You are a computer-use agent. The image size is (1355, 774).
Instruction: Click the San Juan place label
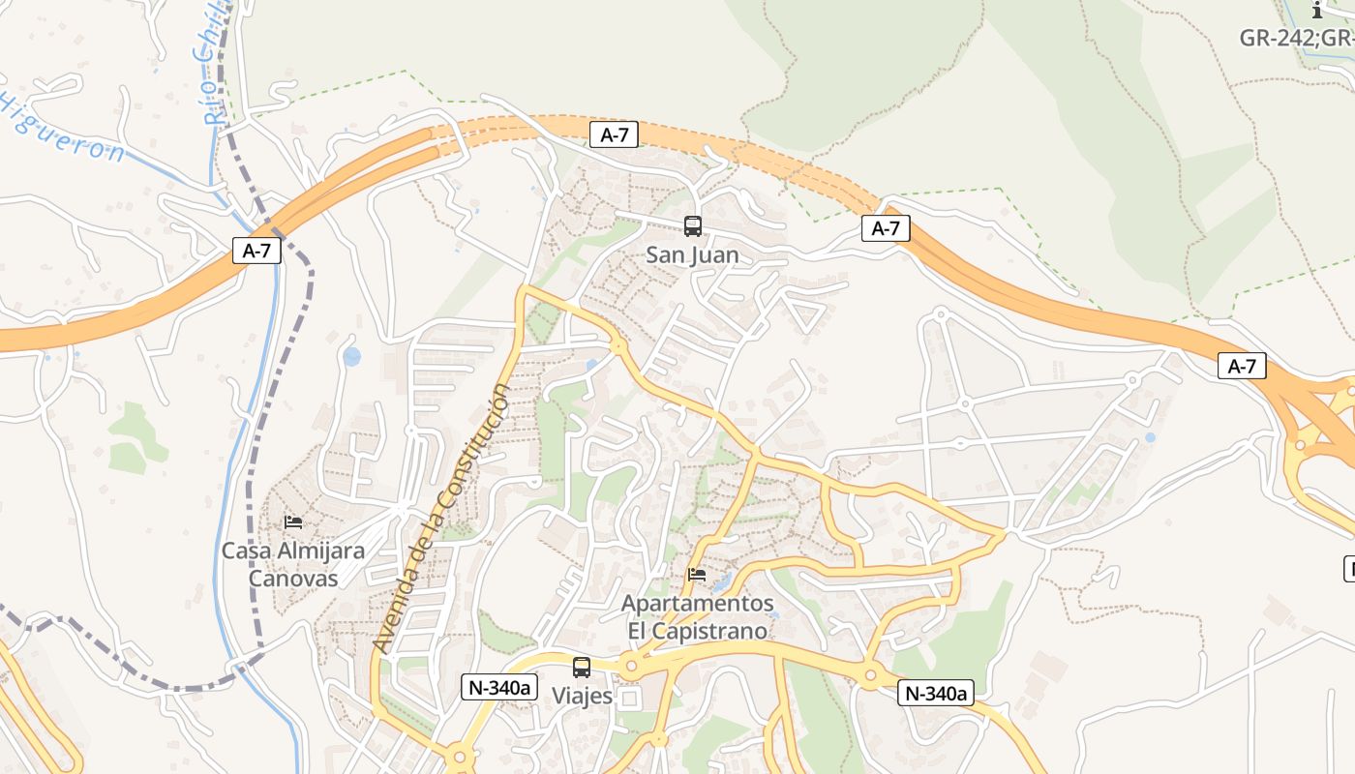[x=692, y=255]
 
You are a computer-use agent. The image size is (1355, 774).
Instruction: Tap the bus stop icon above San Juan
[x=693, y=226]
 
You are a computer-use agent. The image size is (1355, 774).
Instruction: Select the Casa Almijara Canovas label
[x=293, y=564]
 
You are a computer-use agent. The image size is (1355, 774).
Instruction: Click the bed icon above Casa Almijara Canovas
[x=293, y=522]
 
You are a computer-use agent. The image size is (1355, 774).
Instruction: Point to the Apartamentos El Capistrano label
[x=697, y=617]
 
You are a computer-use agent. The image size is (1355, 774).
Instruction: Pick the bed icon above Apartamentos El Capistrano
[x=697, y=575]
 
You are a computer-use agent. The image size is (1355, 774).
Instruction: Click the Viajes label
[x=582, y=695]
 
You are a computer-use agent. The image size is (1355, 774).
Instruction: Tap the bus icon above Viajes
[x=582, y=668]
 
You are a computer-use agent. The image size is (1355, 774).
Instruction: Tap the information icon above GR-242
[x=1317, y=11]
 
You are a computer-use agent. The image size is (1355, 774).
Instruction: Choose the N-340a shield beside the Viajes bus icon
[x=499, y=688]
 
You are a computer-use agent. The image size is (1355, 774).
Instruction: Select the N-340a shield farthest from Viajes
[x=935, y=693]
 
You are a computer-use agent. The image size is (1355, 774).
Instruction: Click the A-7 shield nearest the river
[x=256, y=251]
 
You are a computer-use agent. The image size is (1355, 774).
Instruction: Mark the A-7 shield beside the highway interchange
[x=1242, y=366]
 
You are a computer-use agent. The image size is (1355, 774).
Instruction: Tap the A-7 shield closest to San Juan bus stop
[x=614, y=135]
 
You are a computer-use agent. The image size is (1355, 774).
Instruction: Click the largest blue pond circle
[x=351, y=356]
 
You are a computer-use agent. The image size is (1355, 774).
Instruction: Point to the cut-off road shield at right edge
[x=1349, y=569]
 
